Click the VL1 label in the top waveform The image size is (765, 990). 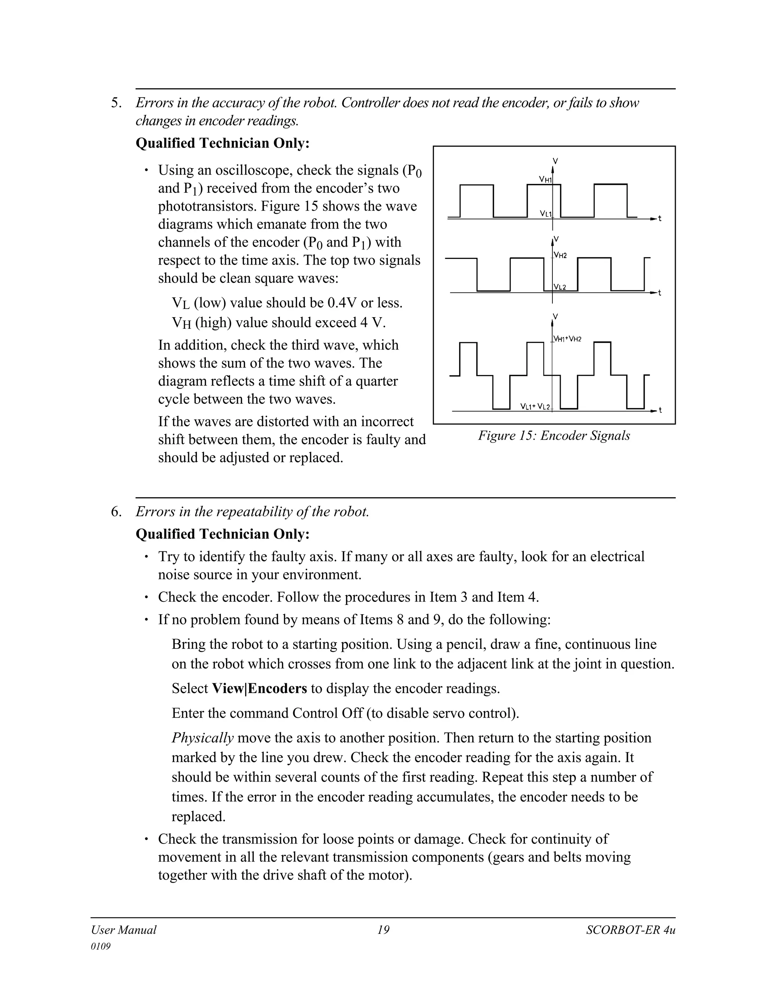click(545, 213)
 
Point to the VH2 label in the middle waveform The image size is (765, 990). click(561, 256)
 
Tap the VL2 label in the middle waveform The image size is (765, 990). click(560, 287)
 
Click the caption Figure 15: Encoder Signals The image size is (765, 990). click(554, 436)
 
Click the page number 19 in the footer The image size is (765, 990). click(383, 930)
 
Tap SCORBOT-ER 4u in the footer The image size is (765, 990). click(631, 930)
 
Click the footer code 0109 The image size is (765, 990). click(100, 947)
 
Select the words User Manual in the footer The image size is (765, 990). click(123, 930)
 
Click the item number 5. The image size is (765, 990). click(116, 103)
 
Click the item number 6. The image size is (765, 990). click(116, 512)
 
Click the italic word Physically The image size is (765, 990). click(202, 738)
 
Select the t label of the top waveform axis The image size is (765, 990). click(660, 219)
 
